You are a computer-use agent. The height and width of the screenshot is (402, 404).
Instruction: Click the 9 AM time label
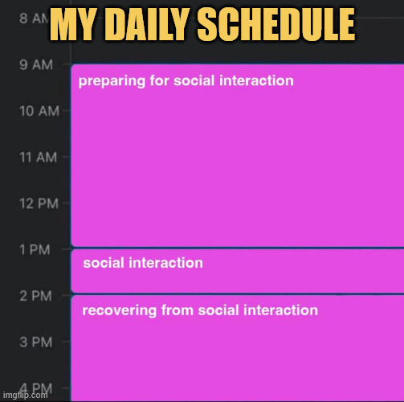pos(36,65)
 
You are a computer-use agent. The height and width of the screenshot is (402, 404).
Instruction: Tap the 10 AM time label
pos(39,111)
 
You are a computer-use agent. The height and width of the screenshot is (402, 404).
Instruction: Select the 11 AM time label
pos(39,158)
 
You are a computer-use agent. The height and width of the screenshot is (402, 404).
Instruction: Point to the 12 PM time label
pos(39,203)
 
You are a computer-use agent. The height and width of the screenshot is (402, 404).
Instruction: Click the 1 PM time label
pos(35,250)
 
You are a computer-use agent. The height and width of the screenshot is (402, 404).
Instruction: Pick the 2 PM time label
pos(36,296)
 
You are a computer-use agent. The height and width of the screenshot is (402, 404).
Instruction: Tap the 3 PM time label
pos(36,343)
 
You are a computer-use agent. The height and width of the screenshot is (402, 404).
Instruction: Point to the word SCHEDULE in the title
pos(276,24)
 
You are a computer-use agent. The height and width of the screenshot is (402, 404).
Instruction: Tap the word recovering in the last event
pos(120,311)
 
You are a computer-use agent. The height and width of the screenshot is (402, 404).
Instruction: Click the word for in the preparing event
pos(159,80)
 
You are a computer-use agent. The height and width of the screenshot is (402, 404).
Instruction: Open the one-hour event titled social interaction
pos(238,271)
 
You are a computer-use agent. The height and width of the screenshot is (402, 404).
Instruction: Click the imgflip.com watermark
pos(26,395)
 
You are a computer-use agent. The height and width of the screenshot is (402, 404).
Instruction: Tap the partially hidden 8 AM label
pos(34,18)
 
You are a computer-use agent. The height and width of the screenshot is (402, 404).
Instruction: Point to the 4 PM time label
pos(36,388)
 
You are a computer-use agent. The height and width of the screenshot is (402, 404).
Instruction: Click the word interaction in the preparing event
pos(256,80)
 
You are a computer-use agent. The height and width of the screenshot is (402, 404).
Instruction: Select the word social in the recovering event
pos(218,310)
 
